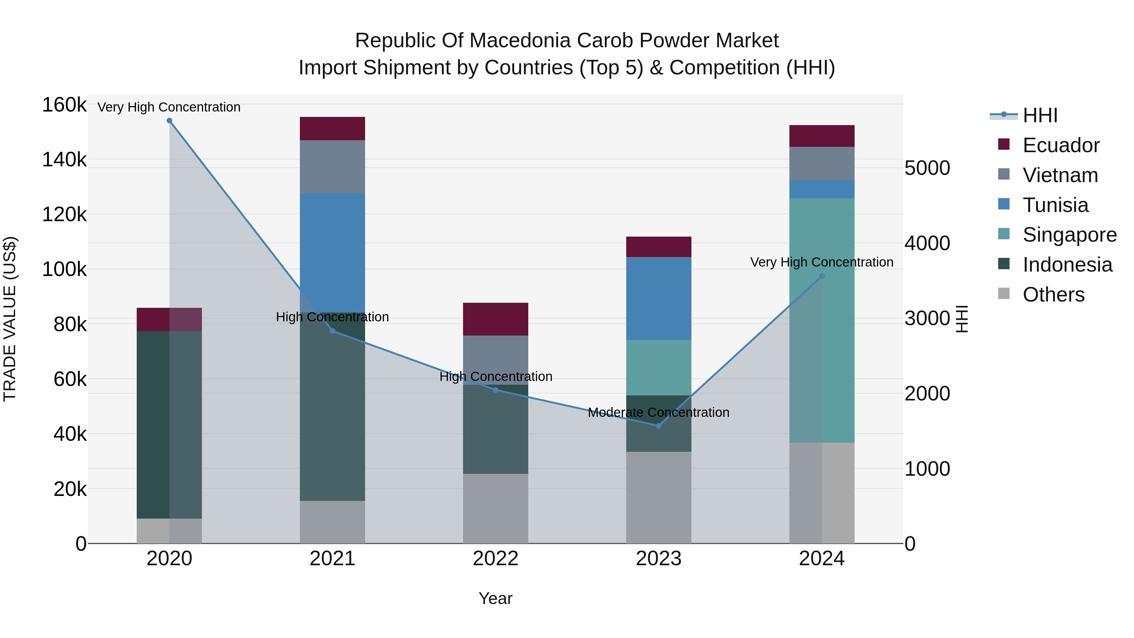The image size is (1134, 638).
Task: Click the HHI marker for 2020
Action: coord(169,121)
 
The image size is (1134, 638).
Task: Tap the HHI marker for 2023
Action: coord(659,426)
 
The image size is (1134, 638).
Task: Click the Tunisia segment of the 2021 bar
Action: coord(332,252)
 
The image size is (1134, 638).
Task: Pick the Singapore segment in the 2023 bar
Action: coord(659,367)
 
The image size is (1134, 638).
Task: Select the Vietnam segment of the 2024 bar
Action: coord(822,163)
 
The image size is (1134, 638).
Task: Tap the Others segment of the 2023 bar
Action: coord(659,497)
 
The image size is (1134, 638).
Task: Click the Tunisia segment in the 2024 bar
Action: coord(822,189)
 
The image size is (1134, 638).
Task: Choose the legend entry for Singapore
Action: coord(1069,235)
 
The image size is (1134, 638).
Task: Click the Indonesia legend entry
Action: coord(1067,265)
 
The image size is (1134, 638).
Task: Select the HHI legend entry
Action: coord(1040,115)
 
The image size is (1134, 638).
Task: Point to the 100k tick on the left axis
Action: coord(64,269)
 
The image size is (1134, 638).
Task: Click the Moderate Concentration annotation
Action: coord(659,412)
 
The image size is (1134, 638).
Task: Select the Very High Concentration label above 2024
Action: coord(822,262)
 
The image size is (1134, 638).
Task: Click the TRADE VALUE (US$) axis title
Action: coord(10,319)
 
